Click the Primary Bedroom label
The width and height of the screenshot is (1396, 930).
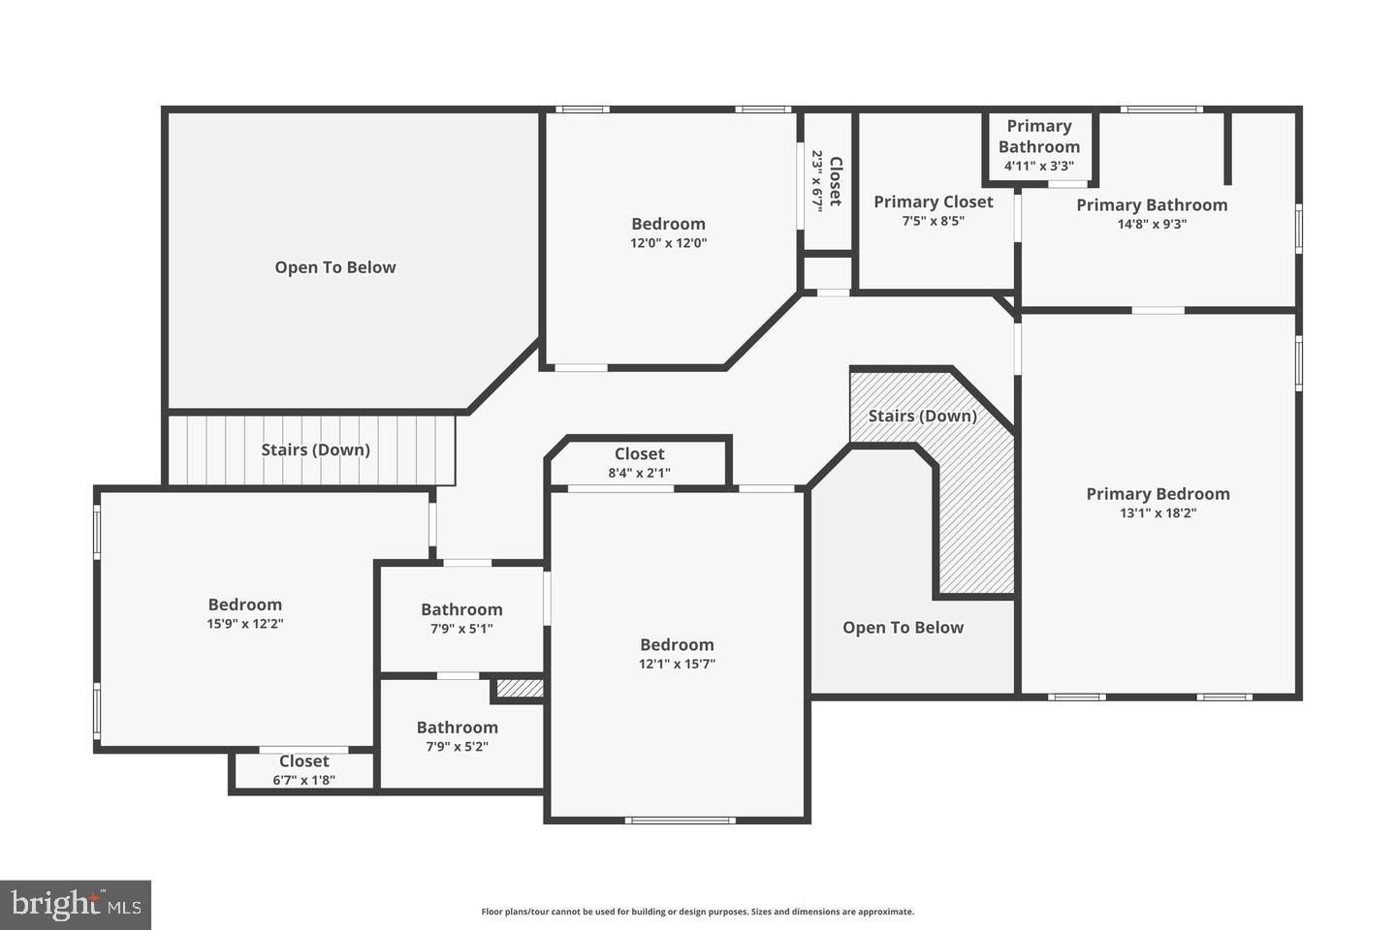pyautogui.click(x=1158, y=494)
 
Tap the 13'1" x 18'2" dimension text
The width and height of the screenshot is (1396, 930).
pyautogui.click(x=1158, y=513)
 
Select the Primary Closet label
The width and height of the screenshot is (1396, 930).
pyautogui.click(x=933, y=201)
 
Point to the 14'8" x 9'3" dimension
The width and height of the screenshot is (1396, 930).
pyautogui.click(x=1152, y=224)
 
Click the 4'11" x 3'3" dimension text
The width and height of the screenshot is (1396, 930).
pyautogui.click(x=1038, y=166)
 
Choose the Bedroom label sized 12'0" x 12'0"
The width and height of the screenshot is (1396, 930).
pyautogui.click(x=668, y=224)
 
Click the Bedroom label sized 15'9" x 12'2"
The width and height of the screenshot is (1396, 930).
pyautogui.click(x=244, y=604)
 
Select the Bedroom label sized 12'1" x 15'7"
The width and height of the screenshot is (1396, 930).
pyautogui.click(x=677, y=644)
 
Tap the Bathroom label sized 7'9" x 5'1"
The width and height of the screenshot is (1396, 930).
pyautogui.click(x=461, y=609)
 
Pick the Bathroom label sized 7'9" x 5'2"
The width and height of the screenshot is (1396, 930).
pyautogui.click(x=457, y=728)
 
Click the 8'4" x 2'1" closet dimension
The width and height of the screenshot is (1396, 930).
pyautogui.click(x=639, y=473)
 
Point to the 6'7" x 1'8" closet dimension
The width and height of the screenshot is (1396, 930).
pyautogui.click(x=303, y=780)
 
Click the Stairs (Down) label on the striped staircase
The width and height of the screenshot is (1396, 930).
pyautogui.click(x=315, y=449)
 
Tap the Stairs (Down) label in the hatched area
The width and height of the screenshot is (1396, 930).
pyautogui.click(x=922, y=416)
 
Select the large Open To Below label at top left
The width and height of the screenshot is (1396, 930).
pyautogui.click(x=334, y=267)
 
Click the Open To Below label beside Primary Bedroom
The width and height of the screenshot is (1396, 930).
pyautogui.click(x=903, y=628)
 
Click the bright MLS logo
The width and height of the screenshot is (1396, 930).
pyautogui.click(x=76, y=905)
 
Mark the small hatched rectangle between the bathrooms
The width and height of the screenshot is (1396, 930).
pyautogui.click(x=520, y=688)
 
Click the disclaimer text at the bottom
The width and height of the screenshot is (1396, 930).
pyautogui.click(x=697, y=912)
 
